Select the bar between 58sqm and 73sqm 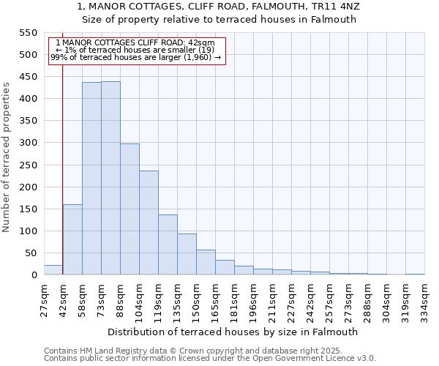91,179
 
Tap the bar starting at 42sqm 72,239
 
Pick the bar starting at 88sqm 130,209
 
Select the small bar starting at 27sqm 53,270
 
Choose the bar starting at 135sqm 187,254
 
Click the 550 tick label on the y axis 27,33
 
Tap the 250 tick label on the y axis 27,165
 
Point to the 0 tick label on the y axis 34,275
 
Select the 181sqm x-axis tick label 234,300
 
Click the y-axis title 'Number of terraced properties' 7,157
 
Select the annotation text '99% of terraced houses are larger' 136,57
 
